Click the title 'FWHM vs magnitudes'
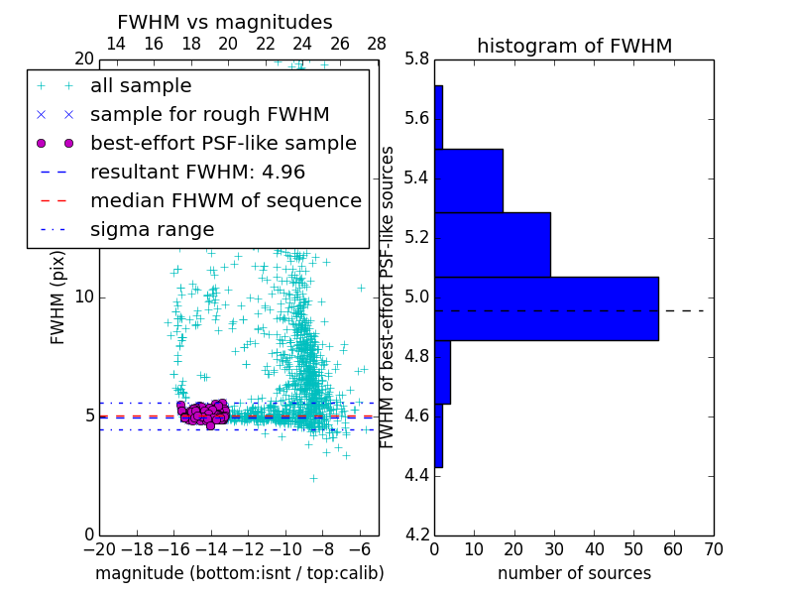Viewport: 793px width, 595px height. [x=225, y=22]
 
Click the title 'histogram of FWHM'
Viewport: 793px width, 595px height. [x=574, y=46]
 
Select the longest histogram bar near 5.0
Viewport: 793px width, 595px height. [x=546, y=308]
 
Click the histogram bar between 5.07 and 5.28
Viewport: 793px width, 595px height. [x=492, y=244]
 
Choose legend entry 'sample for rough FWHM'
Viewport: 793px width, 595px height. [x=209, y=115]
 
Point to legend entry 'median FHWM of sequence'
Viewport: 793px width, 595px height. [x=225, y=201]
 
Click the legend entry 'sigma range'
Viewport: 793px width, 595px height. [x=152, y=230]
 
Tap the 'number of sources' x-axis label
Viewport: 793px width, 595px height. [x=574, y=573]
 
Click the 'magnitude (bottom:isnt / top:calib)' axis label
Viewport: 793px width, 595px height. [x=239, y=573]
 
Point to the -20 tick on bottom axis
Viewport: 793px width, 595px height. [x=99, y=548]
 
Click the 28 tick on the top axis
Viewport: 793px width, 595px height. [x=377, y=44]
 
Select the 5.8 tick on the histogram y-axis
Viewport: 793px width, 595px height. [x=417, y=59]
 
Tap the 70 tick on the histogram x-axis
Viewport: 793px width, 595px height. [x=713, y=548]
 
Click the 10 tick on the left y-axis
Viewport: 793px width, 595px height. [x=84, y=297]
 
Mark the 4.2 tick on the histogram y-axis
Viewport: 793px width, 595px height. [x=417, y=534]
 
